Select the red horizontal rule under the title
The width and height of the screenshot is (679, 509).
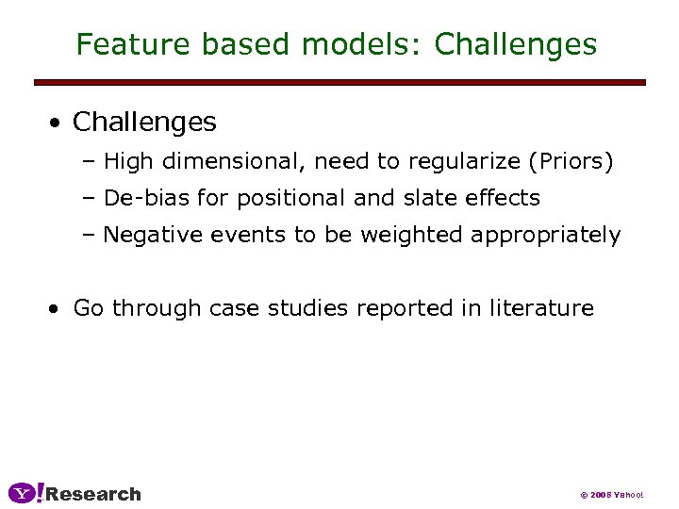click(x=339, y=83)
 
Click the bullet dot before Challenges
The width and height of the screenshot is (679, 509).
click(x=58, y=123)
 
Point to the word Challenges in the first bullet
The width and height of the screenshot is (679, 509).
click(x=144, y=123)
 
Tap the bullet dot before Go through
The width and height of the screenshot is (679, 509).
click(x=58, y=308)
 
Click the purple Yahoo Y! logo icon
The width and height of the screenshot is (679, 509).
click(x=25, y=493)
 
